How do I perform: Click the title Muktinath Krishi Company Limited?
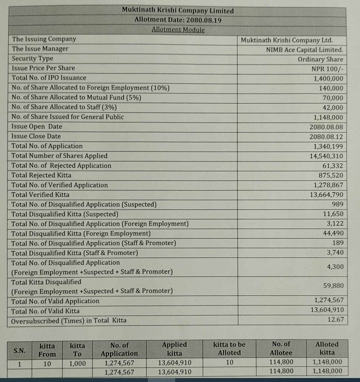coord(177,11)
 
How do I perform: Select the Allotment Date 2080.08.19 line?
coord(177,20)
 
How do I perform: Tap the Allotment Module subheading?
coord(177,29)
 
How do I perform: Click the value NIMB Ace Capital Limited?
coord(304,49)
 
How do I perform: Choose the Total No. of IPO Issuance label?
coord(49,78)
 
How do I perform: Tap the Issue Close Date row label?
coord(36,137)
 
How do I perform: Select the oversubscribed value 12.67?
coord(334,320)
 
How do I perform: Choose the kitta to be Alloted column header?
coord(230,348)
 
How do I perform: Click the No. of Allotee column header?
coord(281,348)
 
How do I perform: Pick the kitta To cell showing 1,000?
coord(78,363)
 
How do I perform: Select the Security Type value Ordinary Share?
coord(320,59)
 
